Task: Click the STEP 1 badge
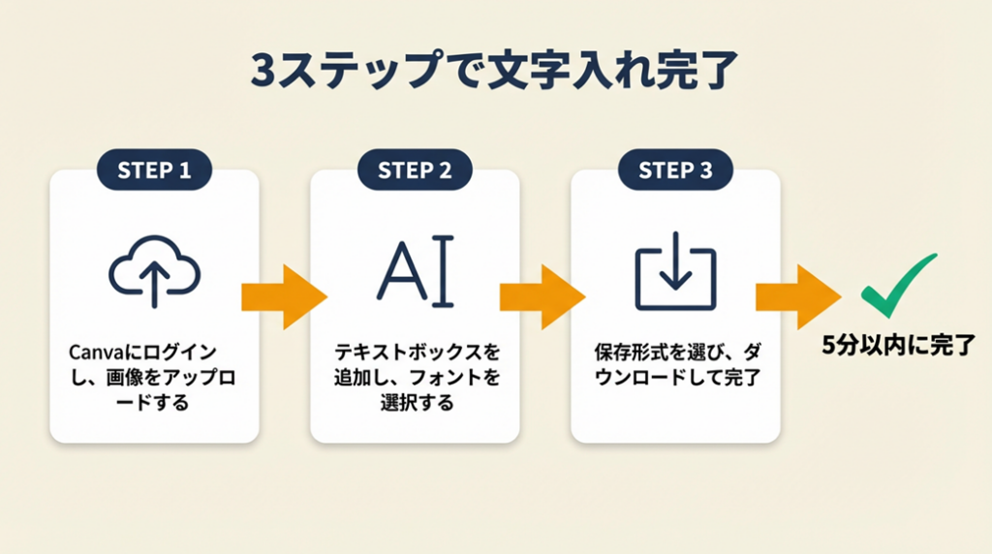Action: pyautogui.click(x=154, y=171)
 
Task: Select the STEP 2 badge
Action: pyautogui.click(x=415, y=171)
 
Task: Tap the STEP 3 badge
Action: pyautogui.click(x=675, y=171)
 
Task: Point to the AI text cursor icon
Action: pyautogui.click(x=415, y=273)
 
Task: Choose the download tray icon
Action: pyautogui.click(x=675, y=278)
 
